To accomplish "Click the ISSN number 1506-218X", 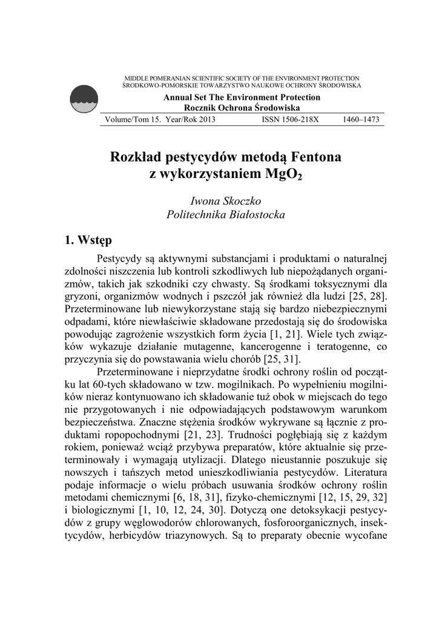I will tap(290, 120).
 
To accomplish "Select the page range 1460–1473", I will tap(361, 120).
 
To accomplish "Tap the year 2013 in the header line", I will tap(205, 120).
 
